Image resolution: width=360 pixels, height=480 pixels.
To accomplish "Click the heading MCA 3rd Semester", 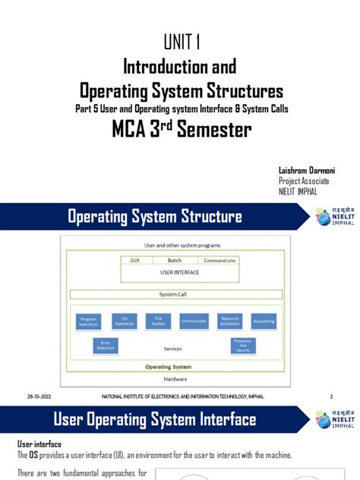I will click(181, 130).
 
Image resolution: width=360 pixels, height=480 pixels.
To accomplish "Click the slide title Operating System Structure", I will click(155, 217).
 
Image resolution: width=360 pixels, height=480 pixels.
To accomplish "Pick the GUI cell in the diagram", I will click(134, 261).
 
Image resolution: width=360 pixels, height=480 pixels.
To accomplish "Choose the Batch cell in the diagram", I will click(175, 261).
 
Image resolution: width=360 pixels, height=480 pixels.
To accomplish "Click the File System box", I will click(159, 321).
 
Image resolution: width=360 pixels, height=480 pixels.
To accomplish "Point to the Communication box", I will click(194, 321).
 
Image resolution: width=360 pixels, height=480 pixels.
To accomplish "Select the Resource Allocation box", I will click(229, 321).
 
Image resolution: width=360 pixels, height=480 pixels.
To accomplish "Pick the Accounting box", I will click(264, 321).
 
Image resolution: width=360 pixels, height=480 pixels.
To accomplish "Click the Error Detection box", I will click(106, 345).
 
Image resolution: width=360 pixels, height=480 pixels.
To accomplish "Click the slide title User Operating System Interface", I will click(154, 419).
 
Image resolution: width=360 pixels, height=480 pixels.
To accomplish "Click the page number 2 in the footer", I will click(332, 396).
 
